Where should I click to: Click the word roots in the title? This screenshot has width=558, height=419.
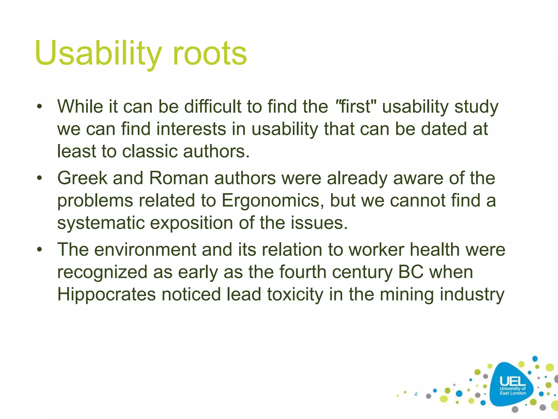pos(210,53)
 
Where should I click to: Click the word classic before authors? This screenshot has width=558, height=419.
pos(150,151)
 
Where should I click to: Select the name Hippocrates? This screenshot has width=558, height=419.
pos(106,295)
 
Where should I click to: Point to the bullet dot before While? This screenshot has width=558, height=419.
pos(40,107)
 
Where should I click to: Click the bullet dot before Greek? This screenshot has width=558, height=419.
pos(40,179)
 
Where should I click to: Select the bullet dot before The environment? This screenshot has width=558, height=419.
pos(40,250)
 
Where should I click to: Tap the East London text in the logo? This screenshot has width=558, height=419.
pos(512,393)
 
